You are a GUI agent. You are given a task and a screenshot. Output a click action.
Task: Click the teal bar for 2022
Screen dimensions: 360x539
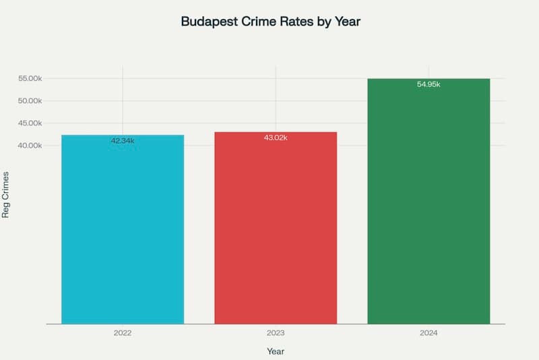(123, 229)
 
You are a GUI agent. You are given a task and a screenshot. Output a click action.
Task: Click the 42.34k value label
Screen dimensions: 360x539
(123, 141)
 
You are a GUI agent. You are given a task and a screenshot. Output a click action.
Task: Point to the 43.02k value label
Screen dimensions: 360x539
(276, 138)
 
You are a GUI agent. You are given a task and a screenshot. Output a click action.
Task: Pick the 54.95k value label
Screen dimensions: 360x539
(429, 84)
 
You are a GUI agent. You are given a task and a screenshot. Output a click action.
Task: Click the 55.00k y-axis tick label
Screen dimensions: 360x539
(30, 79)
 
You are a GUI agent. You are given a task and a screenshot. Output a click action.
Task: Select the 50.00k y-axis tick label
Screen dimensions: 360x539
(30, 101)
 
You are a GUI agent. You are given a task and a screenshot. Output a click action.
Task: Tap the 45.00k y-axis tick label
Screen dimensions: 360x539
(30, 123)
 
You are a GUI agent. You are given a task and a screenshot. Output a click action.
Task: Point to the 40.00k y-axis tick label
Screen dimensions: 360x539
(30, 146)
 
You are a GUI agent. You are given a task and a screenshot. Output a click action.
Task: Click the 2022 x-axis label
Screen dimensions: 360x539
(123, 333)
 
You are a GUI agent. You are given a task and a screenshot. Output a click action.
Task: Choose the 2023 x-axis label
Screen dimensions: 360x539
(276, 333)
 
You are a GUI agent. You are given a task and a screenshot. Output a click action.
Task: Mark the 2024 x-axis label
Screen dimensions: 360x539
(429, 333)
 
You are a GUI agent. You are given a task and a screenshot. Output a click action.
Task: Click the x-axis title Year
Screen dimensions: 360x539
(276, 351)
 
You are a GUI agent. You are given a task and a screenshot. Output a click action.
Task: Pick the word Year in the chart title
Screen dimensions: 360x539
(348, 22)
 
